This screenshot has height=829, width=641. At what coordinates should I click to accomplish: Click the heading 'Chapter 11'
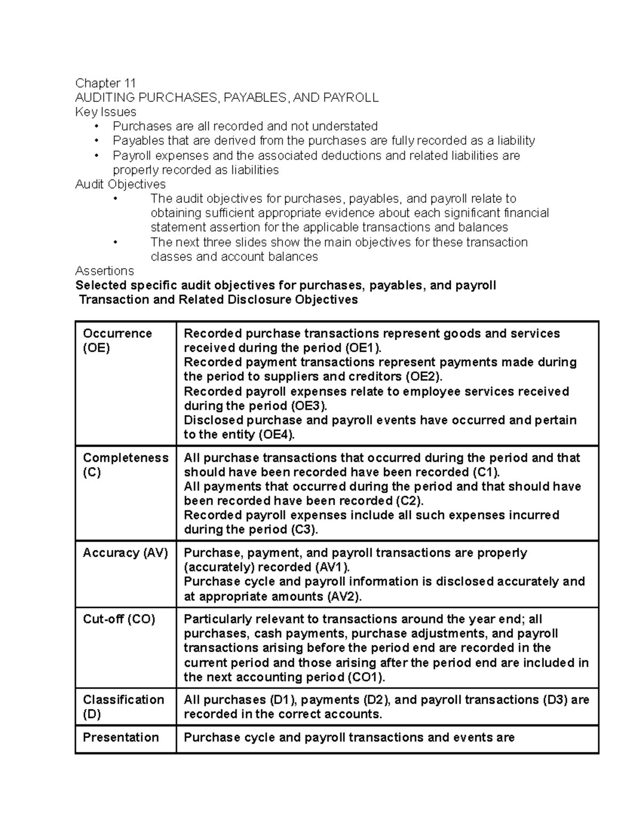click(105, 83)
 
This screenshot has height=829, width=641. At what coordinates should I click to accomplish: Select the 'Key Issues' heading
click(105, 112)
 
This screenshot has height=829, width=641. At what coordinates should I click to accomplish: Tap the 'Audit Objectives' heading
click(120, 184)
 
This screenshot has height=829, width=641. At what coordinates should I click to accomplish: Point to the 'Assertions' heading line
click(104, 271)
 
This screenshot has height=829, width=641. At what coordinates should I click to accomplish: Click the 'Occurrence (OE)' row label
click(117, 341)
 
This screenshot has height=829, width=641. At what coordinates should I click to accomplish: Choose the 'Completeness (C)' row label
click(125, 465)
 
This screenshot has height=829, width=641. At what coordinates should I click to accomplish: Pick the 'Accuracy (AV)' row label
click(125, 553)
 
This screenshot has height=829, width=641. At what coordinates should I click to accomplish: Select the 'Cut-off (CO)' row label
click(119, 619)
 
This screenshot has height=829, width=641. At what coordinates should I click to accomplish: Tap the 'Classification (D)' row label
click(123, 707)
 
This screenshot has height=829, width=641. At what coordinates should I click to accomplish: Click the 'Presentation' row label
click(121, 737)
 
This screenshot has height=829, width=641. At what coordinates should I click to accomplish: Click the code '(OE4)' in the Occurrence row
click(276, 435)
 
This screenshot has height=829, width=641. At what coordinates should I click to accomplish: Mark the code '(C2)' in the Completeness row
click(409, 501)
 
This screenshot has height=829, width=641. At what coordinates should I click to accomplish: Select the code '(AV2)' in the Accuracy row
click(343, 596)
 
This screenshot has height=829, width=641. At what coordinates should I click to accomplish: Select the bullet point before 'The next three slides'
click(115, 242)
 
